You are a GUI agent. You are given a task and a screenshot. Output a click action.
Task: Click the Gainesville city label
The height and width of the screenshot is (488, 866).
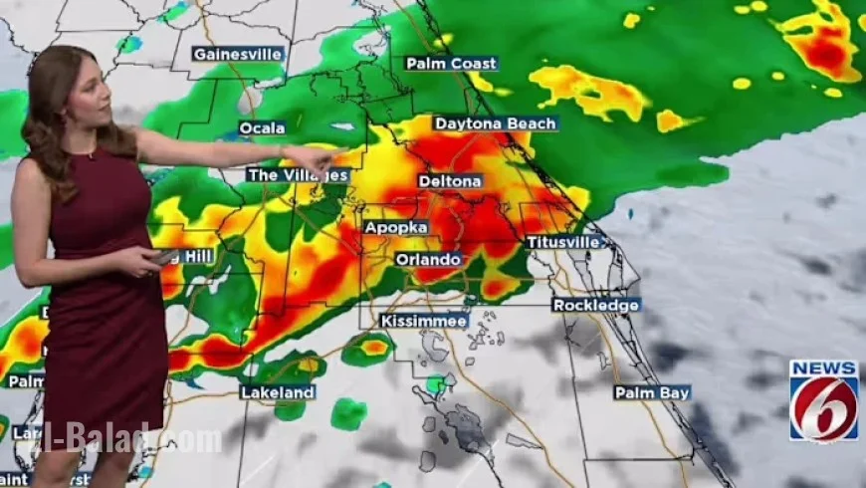[x=238, y=54]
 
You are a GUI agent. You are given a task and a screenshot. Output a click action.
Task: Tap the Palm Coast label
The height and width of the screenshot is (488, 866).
[x=451, y=64]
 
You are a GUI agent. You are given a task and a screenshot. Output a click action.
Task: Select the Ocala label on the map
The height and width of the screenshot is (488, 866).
[x=263, y=127]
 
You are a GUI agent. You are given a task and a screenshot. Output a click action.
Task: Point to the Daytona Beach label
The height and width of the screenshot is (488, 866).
[x=495, y=123]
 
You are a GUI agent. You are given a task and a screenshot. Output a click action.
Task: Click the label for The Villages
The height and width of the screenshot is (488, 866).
[x=299, y=175]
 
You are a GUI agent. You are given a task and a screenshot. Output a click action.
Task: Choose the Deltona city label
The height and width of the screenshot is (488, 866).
[x=450, y=181]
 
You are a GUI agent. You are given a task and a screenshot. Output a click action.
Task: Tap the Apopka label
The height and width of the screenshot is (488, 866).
[x=396, y=227]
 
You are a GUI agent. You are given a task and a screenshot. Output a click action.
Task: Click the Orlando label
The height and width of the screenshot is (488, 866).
[x=428, y=259]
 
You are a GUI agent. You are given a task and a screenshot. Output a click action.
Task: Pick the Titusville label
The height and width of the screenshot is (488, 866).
[x=563, y=242]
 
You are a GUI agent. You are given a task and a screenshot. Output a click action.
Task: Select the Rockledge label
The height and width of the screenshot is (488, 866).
[x=596, y=305]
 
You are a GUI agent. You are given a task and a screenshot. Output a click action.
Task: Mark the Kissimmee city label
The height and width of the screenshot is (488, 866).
[x=424, y=321]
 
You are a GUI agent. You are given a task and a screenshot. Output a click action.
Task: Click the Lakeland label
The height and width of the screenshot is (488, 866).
[x=278, y=392]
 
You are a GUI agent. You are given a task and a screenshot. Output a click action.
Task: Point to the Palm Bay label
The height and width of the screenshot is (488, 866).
[x=652, y=392]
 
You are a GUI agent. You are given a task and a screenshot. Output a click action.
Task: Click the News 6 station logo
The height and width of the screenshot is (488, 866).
[x=824, y=400]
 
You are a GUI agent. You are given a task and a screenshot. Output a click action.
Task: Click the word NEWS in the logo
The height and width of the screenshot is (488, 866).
[x=824, y=368]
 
